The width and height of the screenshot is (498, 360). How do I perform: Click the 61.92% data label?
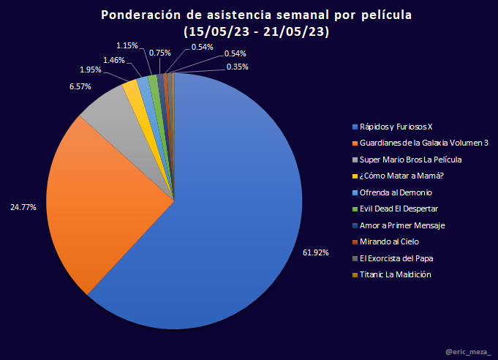point(316,252)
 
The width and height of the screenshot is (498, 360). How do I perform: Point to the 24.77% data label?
point(23,207)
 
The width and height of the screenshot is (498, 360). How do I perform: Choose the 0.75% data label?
point(160,53)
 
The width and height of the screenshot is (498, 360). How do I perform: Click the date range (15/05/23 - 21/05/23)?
point(255,32)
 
